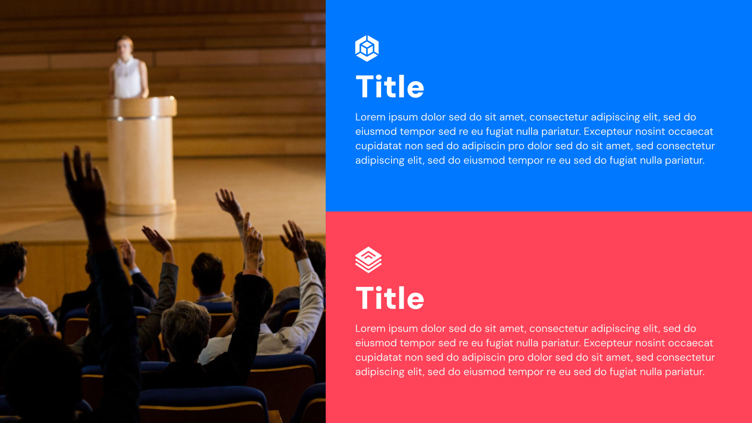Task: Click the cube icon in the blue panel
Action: (367, 48)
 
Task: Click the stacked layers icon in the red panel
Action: (368, 259)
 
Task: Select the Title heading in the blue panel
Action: (390, 87)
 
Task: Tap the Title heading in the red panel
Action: (390, 298)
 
